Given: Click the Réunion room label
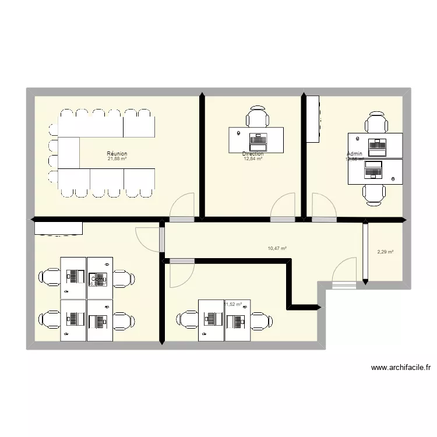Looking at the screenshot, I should click(x=117, y=154).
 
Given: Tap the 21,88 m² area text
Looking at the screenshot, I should click(x=117, y=159).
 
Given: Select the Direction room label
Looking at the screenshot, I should click(x=253, y=154).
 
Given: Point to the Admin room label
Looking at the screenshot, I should click(x=354, y=154).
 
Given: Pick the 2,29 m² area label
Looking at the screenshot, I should click(x=385, y=252).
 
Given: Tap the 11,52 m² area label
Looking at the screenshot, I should click(x=233, y=304).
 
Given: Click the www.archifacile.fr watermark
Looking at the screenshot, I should click(x=400, y=368).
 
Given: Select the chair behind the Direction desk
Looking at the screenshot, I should click(x=257, y=117).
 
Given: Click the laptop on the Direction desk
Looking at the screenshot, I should click(x=257, y=140).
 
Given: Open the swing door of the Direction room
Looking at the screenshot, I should click(x=284, y=208).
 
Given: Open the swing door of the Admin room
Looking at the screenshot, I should click(x=323, y=208).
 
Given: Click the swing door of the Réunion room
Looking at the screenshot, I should click(x=182, y=208).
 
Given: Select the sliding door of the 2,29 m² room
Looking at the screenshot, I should click(x=365, y=252).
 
